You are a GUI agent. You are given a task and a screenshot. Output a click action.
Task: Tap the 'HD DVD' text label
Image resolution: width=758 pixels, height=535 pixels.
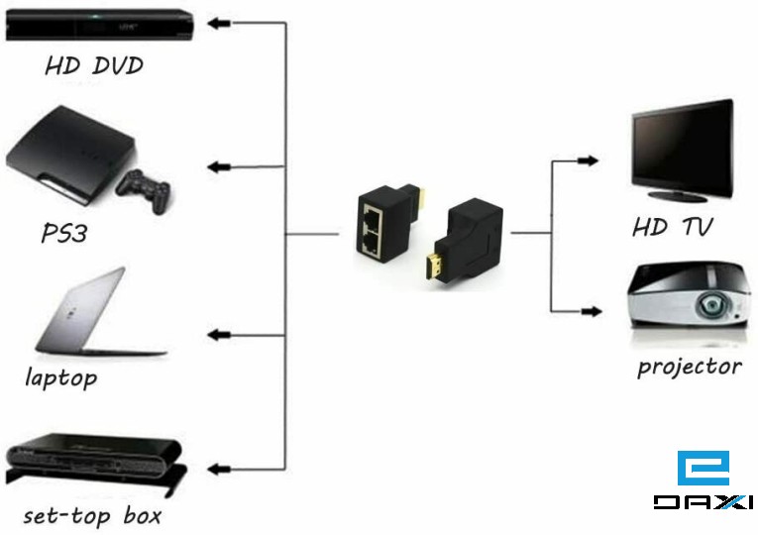pyautogui.click(x=94, y=66)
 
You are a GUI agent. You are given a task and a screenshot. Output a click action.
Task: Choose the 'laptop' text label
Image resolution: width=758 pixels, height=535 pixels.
pyautogui.click(x=61, y=377)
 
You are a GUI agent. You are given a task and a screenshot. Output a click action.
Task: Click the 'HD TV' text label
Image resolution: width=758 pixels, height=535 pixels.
pyautogui.click(x=673, y=228)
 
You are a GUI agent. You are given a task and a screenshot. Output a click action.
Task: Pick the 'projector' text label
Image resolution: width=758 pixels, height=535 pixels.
pyautogui.click(x=690, y=367)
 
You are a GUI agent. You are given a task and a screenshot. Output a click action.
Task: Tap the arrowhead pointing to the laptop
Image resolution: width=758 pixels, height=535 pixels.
pyautogui.click(x=220, y=337)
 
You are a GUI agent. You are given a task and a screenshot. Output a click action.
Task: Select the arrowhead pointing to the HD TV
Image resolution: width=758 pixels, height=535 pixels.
pyautogui.click(x=589, y=160)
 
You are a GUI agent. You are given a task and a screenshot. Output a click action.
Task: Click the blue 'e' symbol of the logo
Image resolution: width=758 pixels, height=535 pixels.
pyautogui.click(x=703, y=468)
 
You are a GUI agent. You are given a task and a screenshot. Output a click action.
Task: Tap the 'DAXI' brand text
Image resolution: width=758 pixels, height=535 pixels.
pyautogui.click(x=703, y=503)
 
